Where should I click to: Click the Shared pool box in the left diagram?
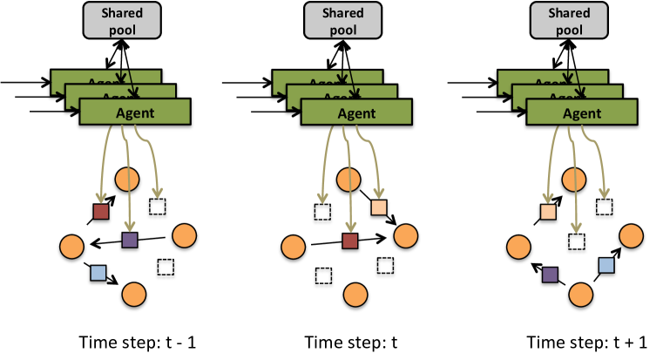[x=123, y=19]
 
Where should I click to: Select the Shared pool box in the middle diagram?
[x=344, y=19]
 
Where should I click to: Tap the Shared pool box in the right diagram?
[x=569, y=19]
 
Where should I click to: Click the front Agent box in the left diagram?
[x=134, y=112]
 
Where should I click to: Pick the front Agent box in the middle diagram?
[x=355, y=112]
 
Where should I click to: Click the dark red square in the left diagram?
[x=101, y=212]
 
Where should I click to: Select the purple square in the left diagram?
[x=130, y=240]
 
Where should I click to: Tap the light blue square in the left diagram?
[x=98, y=273]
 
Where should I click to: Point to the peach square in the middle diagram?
[x=379, y=207]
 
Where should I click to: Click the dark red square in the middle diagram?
[x=350, y=241]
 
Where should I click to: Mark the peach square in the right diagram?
[x=548, y=212]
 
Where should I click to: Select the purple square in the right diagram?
[x=550, y=275]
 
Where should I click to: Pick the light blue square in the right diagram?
[x=606, y=265]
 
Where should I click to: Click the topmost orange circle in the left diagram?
[x=127, y=180]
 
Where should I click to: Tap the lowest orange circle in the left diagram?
[x=133, y=295]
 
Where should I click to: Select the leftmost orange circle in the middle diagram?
[x=294, y=247]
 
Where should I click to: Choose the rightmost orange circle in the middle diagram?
[x=405, y=235]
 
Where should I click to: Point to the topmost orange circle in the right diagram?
[x=573, y=180]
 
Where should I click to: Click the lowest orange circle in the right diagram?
[x=581, y=295]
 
